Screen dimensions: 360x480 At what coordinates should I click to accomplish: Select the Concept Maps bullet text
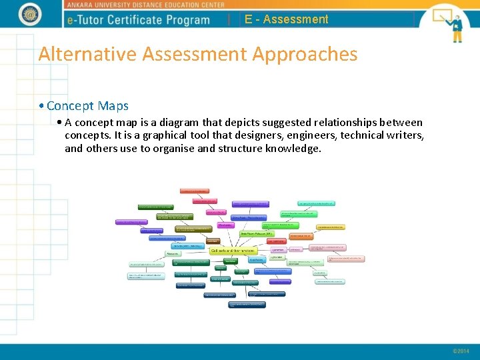(x=87, y=105)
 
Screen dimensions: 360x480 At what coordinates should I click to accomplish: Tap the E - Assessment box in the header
(x=286, y=19)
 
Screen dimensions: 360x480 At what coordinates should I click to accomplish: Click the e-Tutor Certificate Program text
(x=139, y=20)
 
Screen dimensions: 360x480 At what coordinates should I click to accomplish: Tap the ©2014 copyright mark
(x=461, y=351)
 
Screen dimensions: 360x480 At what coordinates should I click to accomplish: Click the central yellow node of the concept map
(x=232, y=251)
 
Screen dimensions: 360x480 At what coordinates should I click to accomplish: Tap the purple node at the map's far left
(x=131, y=222)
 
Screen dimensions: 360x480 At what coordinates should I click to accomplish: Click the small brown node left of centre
(x=213, y=241)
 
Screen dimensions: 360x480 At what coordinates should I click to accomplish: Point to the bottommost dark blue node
(x=247, y=305)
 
